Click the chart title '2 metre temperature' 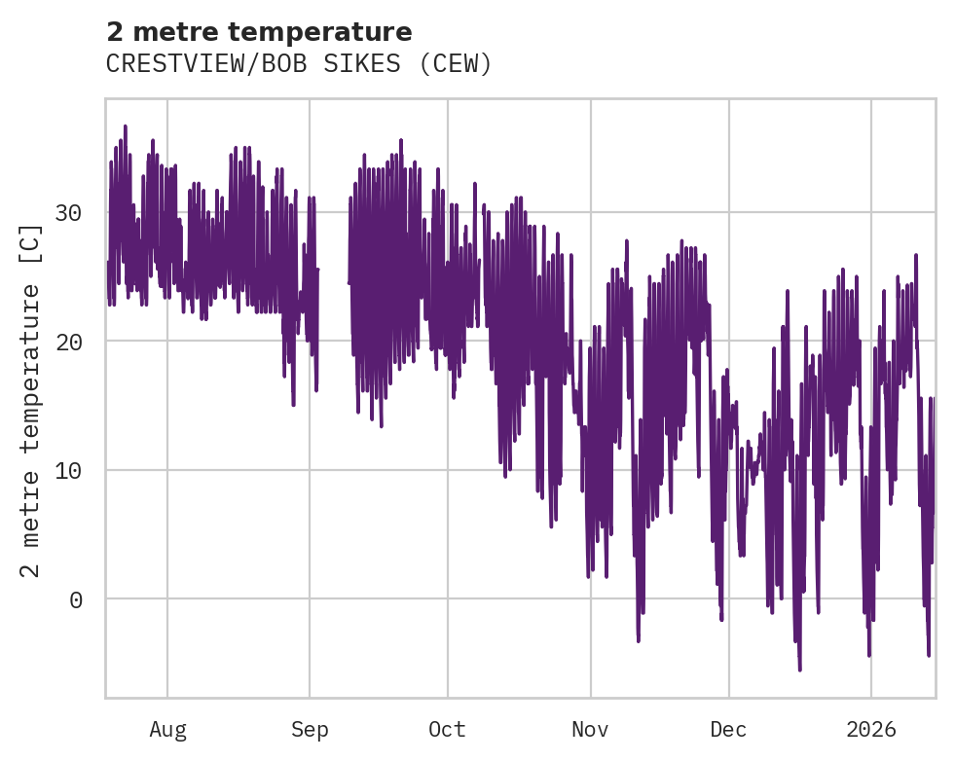[259, 32]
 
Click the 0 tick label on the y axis [76, 599]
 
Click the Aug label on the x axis [167, 730]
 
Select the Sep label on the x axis [310, 730]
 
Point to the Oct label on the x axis [447, 730]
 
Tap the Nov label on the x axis [590, 730]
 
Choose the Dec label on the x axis [728, 730]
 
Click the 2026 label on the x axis [870, 730]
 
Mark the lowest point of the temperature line [800, 670]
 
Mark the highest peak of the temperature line [126, 126]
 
